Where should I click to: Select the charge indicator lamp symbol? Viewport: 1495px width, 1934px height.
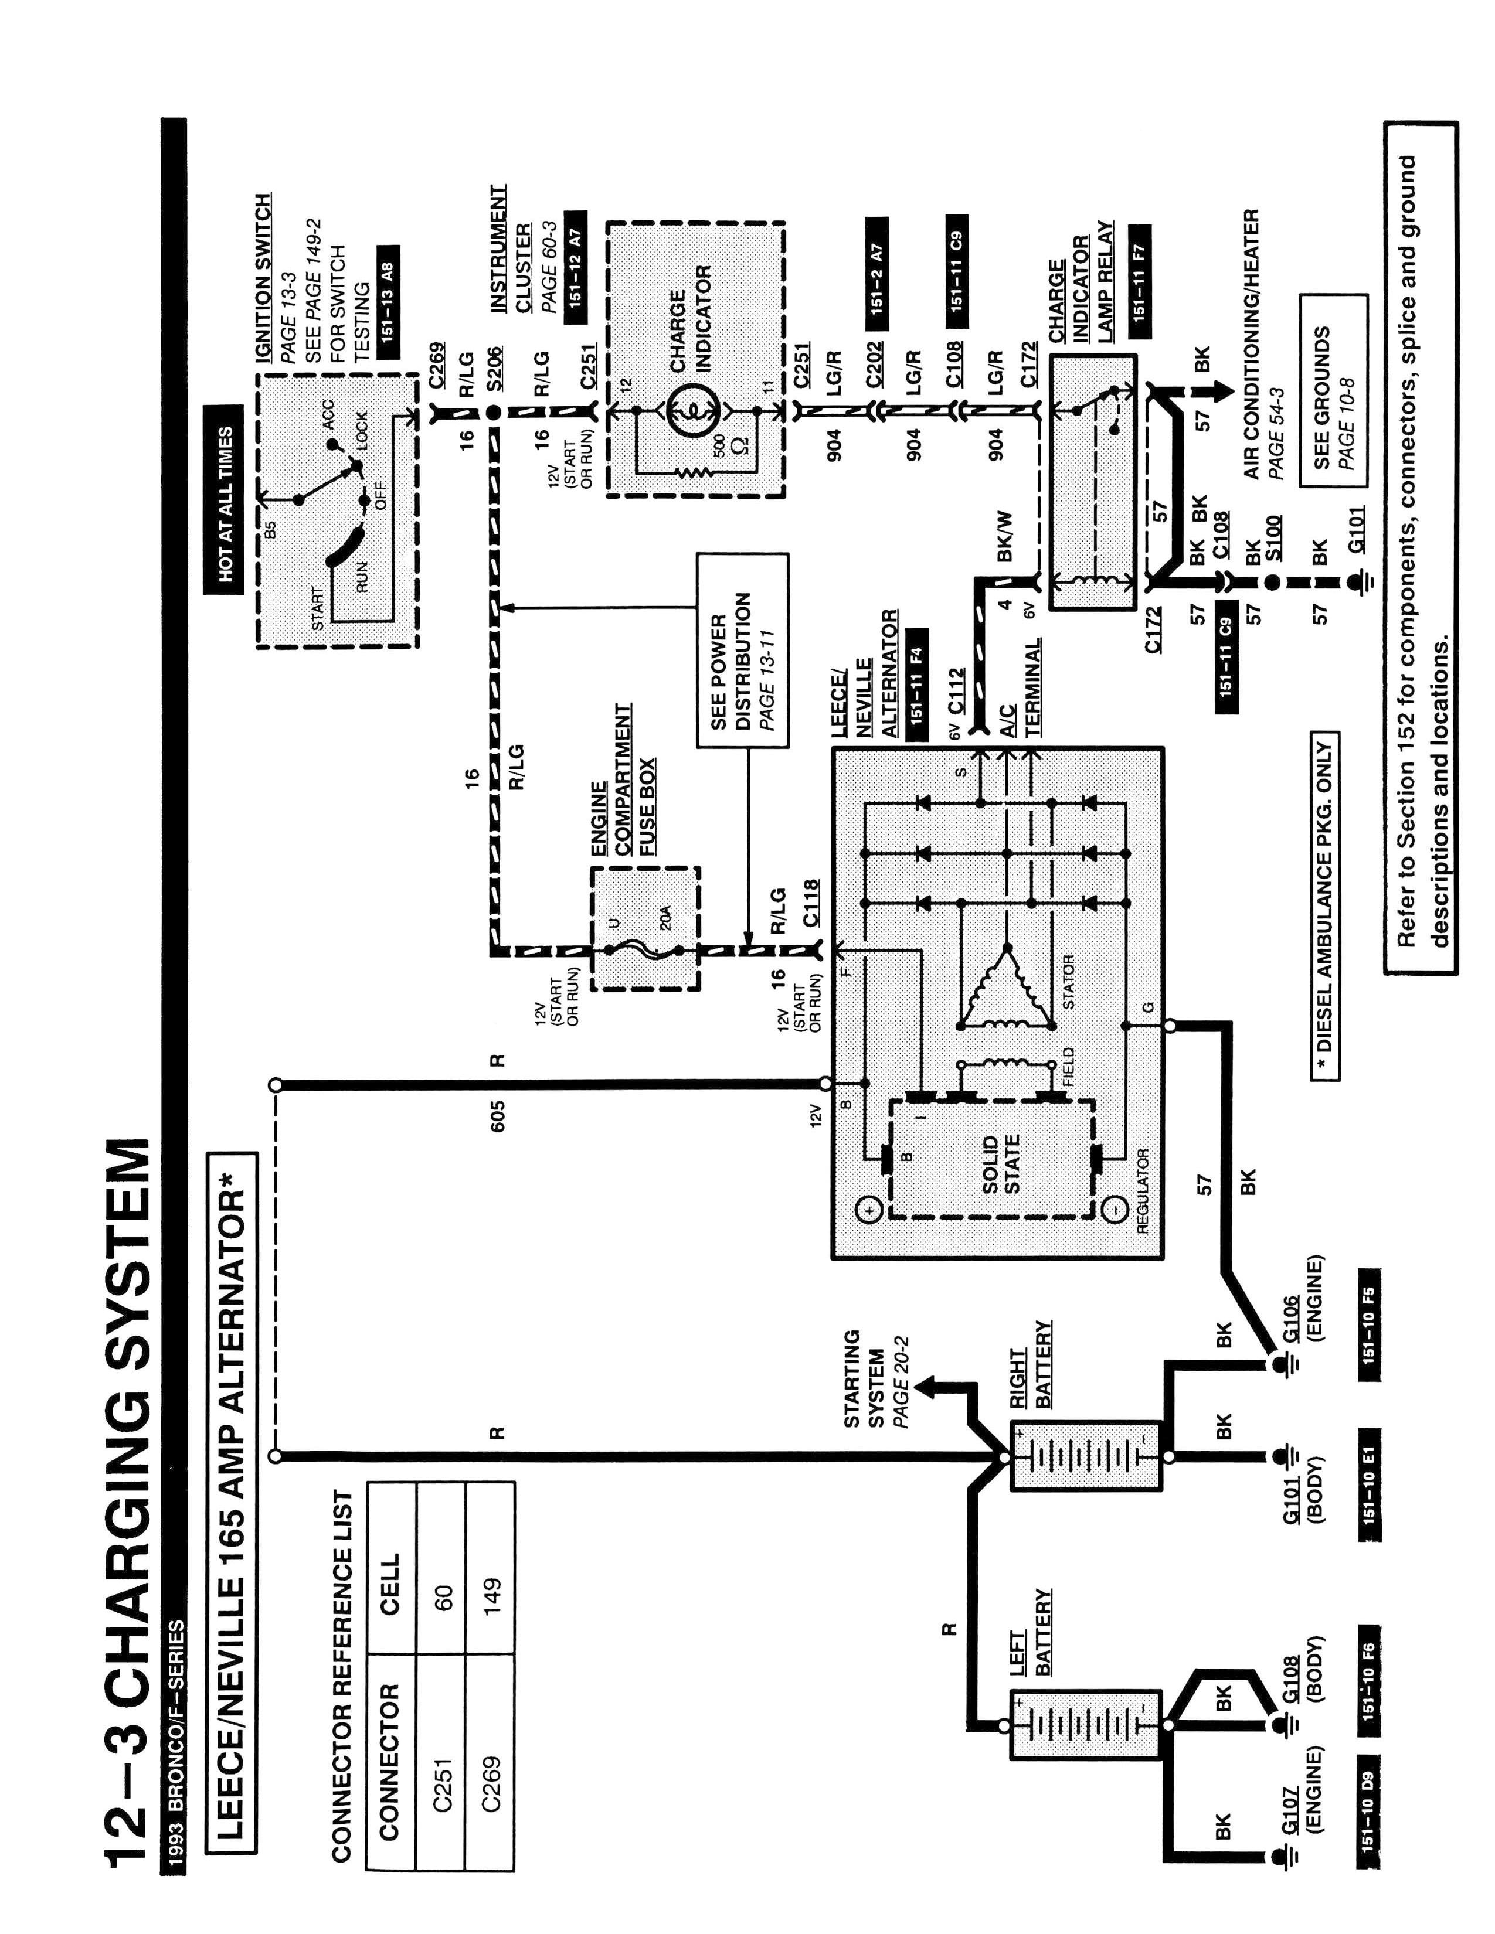pyautogui.click(x=687, y=411)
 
